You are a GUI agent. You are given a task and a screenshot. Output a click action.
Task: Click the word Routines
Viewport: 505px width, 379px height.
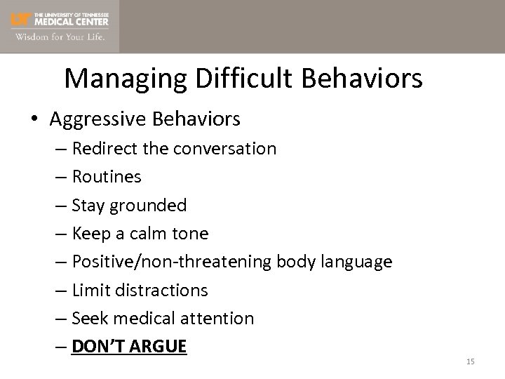[x=107, y=177]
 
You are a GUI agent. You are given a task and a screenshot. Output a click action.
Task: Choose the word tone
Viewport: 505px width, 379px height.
[x=192, y=233]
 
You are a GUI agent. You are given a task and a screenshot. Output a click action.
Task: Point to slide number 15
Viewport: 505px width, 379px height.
[x=470, y=361]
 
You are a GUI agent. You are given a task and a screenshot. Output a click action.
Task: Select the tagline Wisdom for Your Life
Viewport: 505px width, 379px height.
[x=59, y=37]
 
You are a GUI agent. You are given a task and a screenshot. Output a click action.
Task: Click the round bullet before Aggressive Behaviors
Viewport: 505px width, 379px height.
[x=35, y=119]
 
